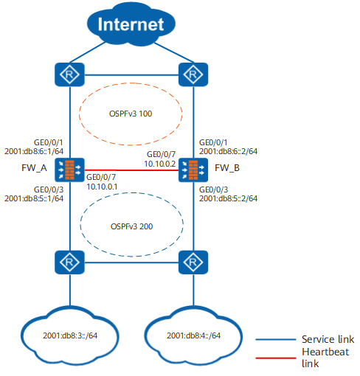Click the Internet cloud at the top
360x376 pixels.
pyautogui.click(x=131, y=24)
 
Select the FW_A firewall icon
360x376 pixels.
pyautogui.click(x=69, y=170)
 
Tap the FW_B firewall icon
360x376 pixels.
pyautogui.click(x=193, y=170)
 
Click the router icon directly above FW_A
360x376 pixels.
pyautogui.click(x=69, y=74)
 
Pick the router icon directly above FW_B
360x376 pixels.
pyautogui.click(x=193, y=74)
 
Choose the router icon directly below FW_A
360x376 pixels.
pyautogui.click(x=69, y=262)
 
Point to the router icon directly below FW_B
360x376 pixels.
pyautogui.click(x=193, y=262)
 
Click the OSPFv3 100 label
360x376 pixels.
pyautogui.click(x=131, y=114)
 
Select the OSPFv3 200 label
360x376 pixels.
pyautogui.click(x=131, y=226)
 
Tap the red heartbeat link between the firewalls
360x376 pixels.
pyautogui.click(x=131, y=170)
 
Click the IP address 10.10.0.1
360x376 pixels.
pyautogui.click(x=102, y=187)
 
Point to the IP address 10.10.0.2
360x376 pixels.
pyautogui.click(x=160, y=164)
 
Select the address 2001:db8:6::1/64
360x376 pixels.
pyautogui.click(x=34, y=151)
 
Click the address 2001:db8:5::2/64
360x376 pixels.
pyautogui.click(x=228, y=198)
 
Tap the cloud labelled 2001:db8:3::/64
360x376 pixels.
pyautogui.click(x=70, y=335)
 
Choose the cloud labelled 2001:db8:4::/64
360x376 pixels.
pyautogui.click(x=193, y=335)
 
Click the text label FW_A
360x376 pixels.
pyautogui.click(x=34, y=168)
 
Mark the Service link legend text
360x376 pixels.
pyautogui.click(x=328, y=339)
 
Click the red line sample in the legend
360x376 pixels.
pyautogui.click(x=276, y=358)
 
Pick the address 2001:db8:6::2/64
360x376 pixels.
pyautogui.click(x=228, y=151)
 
